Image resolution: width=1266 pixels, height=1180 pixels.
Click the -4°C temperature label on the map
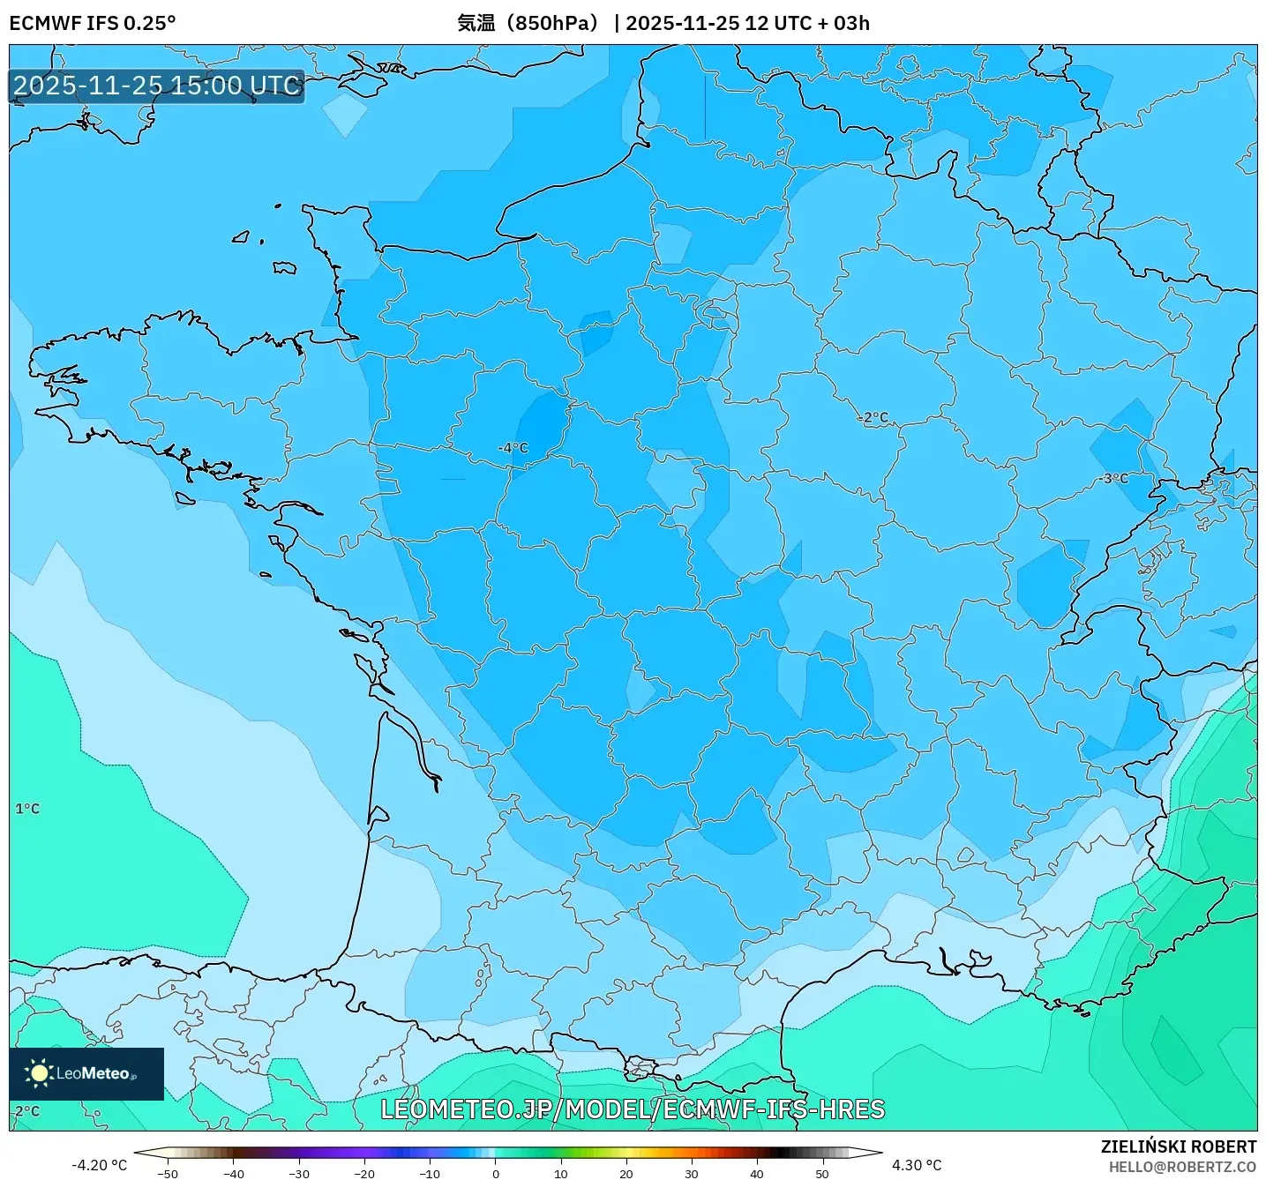(x=513, y=448)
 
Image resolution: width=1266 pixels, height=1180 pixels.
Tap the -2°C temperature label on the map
(x=873, y=417)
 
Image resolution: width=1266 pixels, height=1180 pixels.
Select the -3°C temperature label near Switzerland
(x=1115, y=478)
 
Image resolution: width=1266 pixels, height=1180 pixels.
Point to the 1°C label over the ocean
(x=27, y=809)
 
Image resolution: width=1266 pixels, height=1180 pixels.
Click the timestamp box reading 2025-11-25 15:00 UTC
(x=157, y=86)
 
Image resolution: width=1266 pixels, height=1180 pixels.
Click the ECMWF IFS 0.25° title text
(x=93, y=23)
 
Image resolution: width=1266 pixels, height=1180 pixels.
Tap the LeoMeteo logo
(x=86, y=1073)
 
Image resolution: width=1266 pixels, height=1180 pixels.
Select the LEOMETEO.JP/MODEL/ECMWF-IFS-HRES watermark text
(x=632, y=1109)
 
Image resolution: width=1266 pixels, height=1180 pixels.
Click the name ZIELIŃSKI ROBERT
(x=1178, y=1146)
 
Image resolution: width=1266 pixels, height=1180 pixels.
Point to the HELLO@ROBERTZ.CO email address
(x=1182, y=1167)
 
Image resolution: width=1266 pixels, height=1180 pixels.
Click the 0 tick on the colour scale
(x=496, y=1173)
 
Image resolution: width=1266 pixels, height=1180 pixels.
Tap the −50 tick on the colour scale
(x=168, y=1173)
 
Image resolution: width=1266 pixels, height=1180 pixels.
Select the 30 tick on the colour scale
(x=691, y=1173)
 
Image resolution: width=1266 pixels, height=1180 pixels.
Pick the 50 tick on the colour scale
(x=821, y=1173)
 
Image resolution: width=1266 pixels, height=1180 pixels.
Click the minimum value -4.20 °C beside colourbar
(x=99, y=1165)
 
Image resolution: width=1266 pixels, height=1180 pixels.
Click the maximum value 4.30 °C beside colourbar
(x=917, y=1165)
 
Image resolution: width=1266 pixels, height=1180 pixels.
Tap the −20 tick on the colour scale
(x=364, y=1173)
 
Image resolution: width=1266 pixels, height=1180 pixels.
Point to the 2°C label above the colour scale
(x=27, y=1111)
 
